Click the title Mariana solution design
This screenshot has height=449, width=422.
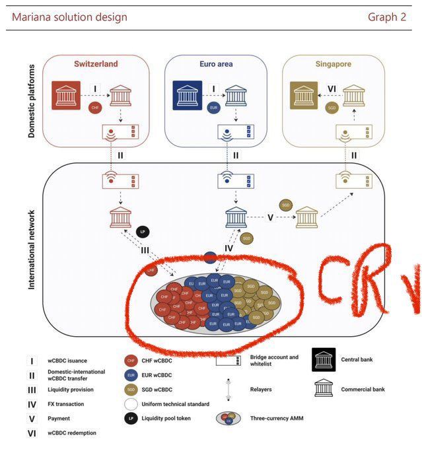coord(69,17)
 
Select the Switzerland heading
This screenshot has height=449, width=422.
coord(96,64)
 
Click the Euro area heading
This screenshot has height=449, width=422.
coord(217,64)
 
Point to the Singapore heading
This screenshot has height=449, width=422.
coord(333,64)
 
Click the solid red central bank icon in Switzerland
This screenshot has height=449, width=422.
coord(66,94)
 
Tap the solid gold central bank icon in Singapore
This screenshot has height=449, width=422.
coord(305,94)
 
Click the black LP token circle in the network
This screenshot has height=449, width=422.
coord(143,232)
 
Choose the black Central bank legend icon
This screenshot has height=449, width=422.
coord(324,360)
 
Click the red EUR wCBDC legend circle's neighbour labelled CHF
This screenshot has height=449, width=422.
coord(131,361)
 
